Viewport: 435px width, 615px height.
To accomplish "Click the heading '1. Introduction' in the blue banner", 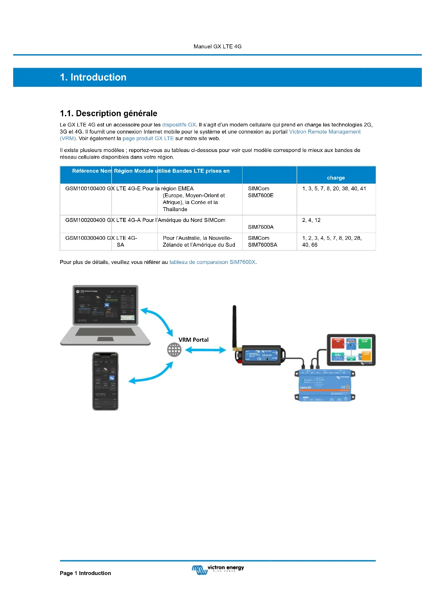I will click(x=93, y=77).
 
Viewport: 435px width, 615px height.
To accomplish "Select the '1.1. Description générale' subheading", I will click(x=108, y=113).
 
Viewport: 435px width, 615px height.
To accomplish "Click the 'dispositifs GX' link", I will click(x=179, y=125).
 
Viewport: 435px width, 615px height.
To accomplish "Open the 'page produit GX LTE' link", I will click(x=148, y=139).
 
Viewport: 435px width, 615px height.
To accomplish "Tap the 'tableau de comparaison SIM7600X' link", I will click(x=213, y=262).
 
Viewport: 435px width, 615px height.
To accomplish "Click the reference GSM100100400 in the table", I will click(x=85, y=189).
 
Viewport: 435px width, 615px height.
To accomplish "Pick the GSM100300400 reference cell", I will click(x=85, y=238).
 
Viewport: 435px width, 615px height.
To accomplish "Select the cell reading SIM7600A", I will click(x=261, y=227).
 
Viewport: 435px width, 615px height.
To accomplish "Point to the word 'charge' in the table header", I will click(x=336, y=178).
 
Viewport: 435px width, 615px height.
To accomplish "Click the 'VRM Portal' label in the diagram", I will click(x=193, y=340).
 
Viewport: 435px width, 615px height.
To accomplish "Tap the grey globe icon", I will click(x=174, y=350).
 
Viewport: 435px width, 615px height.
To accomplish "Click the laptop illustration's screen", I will click(x=105, y=305).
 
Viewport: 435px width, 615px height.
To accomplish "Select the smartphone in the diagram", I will click(x=105, y=381).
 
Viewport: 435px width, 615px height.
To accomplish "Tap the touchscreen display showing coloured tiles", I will click(x=351, y=349).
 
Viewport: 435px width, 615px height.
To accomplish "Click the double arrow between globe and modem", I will click(x=205, y=350).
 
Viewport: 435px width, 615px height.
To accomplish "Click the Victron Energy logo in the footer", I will click(x=217, y=570).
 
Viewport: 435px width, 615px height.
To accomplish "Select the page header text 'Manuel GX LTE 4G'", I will click(x=217, y=47).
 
